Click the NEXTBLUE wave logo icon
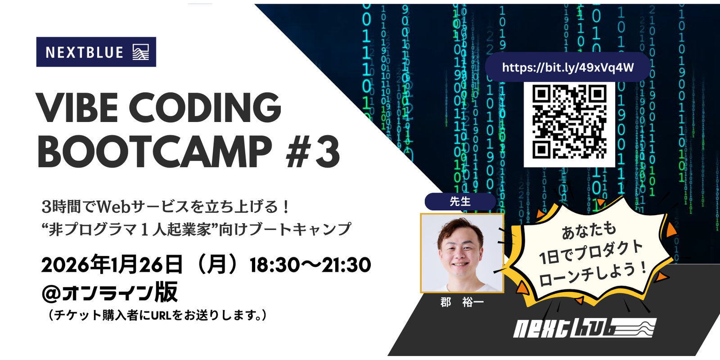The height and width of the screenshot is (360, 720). coord(141,52)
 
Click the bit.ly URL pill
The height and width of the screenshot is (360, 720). coord(567,67)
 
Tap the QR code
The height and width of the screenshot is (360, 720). coord(569,124)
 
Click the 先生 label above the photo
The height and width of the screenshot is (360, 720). coord(460,202)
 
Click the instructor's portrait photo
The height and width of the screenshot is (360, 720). coord(462,253)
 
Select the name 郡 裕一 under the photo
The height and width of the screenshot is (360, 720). coord(462,302)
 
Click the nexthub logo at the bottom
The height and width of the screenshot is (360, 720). coord(584,328)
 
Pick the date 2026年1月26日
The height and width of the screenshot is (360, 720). coord(112,265)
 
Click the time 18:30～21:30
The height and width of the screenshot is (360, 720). coord(310,265)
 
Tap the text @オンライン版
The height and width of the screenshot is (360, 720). coord(110,292)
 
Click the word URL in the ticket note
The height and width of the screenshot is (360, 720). coord(161,315)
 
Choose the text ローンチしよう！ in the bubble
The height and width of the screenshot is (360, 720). coord(592,274)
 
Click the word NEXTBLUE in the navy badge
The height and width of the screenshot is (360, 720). coord(85,52)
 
